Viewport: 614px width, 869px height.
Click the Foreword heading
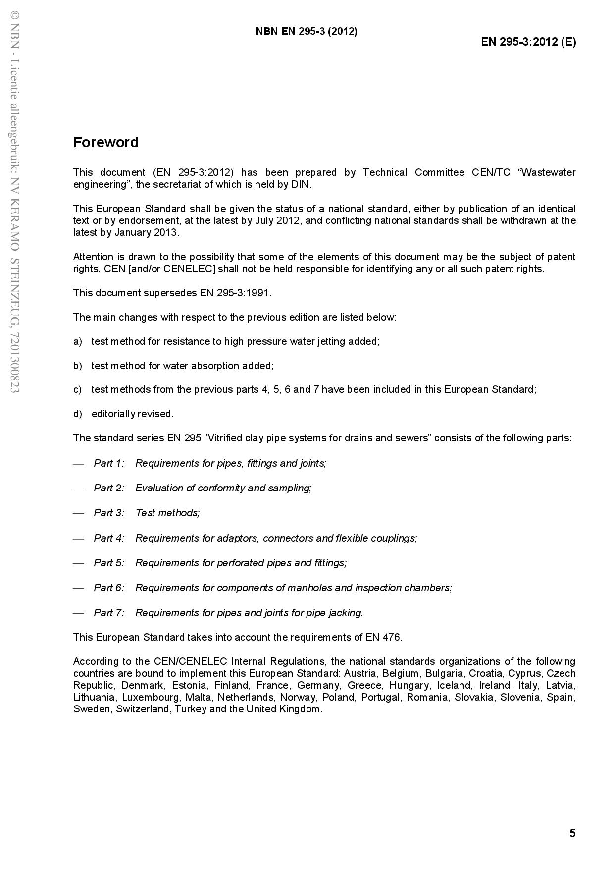point(106,142)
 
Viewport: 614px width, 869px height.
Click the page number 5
point(572,833)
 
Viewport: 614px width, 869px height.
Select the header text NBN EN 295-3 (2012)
point(307,31)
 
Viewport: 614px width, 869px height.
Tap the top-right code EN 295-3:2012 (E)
point(528,42)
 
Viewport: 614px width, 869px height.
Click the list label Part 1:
point(109,463)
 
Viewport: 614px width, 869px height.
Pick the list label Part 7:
point(109,613)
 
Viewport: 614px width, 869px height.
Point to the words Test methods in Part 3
point(167,513)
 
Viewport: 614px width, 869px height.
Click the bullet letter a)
point(77,341)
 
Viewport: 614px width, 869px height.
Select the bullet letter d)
point(77,414)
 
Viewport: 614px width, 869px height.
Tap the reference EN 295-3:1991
point(235,293)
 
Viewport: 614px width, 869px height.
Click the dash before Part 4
point(78,538)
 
